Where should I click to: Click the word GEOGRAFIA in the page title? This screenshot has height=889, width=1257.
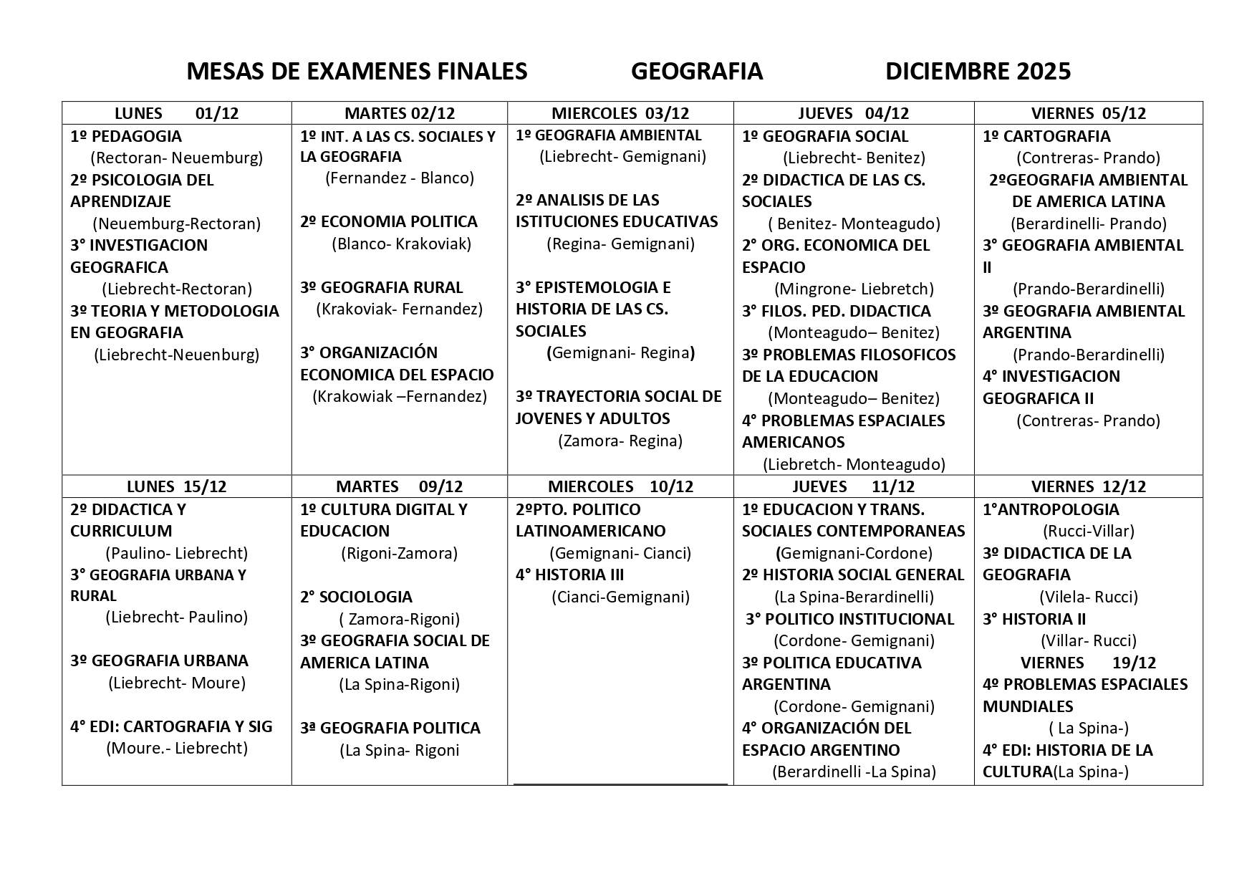click(696, 72)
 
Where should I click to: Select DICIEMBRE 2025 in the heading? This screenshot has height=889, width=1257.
click(978, 72)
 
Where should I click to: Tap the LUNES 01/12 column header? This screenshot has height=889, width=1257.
click(177, 113)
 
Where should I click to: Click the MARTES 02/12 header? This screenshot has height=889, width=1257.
click(400, 113)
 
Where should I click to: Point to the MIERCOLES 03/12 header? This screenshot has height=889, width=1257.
click(620, 113)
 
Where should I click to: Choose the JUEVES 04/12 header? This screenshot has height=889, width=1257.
click(853, 113)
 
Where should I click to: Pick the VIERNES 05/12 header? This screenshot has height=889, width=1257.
click(1088, 113)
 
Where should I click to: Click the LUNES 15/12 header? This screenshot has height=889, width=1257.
click(176, 486)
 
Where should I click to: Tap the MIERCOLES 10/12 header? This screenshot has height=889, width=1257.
click(620, 486)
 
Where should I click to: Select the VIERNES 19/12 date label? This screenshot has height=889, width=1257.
click(1088, 663)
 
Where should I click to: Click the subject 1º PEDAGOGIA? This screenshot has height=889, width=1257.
click(126, 136)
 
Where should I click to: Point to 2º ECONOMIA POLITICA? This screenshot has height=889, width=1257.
click(389, 222)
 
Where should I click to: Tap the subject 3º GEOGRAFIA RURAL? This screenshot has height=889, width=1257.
click(382, 288)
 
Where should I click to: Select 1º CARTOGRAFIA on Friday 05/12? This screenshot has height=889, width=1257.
click(1046, 136)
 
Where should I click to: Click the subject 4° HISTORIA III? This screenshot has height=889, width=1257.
click(570, 575)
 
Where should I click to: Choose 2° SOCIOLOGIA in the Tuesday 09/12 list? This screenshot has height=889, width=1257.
click(356, 597)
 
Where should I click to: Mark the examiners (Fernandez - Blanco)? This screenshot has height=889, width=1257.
click(400, 178)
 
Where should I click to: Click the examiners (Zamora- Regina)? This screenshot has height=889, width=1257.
click(620, 441)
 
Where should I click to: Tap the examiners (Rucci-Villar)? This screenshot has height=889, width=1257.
click(1088, 532)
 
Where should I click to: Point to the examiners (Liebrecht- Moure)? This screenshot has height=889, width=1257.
click(177, 683)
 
